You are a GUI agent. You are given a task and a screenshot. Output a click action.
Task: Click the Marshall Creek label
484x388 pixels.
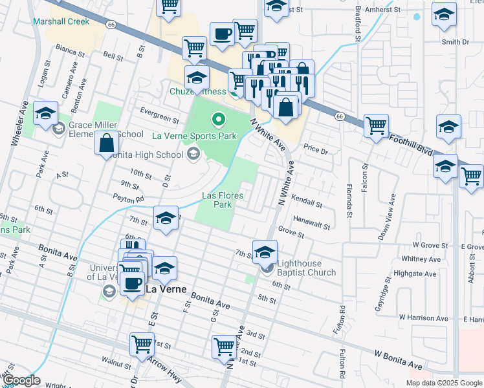click(61, 21)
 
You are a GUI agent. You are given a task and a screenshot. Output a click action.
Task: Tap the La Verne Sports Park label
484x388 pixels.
click(194, 136)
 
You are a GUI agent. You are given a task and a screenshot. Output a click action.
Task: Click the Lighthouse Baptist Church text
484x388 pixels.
click(306, 268)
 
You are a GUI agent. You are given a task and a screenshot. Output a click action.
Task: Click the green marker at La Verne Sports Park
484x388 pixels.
click(219, 120)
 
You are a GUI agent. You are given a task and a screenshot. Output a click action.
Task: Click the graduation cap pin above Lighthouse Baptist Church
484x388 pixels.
click(265, 252)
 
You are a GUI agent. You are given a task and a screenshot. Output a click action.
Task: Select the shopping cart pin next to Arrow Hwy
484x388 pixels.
click(142, 343)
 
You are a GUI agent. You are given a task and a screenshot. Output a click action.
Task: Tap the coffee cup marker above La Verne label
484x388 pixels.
click(133, 284)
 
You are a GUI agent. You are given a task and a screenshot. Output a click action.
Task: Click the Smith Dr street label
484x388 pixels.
click(455, 42)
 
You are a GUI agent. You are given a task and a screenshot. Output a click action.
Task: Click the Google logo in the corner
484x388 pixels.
click(21, 380)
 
